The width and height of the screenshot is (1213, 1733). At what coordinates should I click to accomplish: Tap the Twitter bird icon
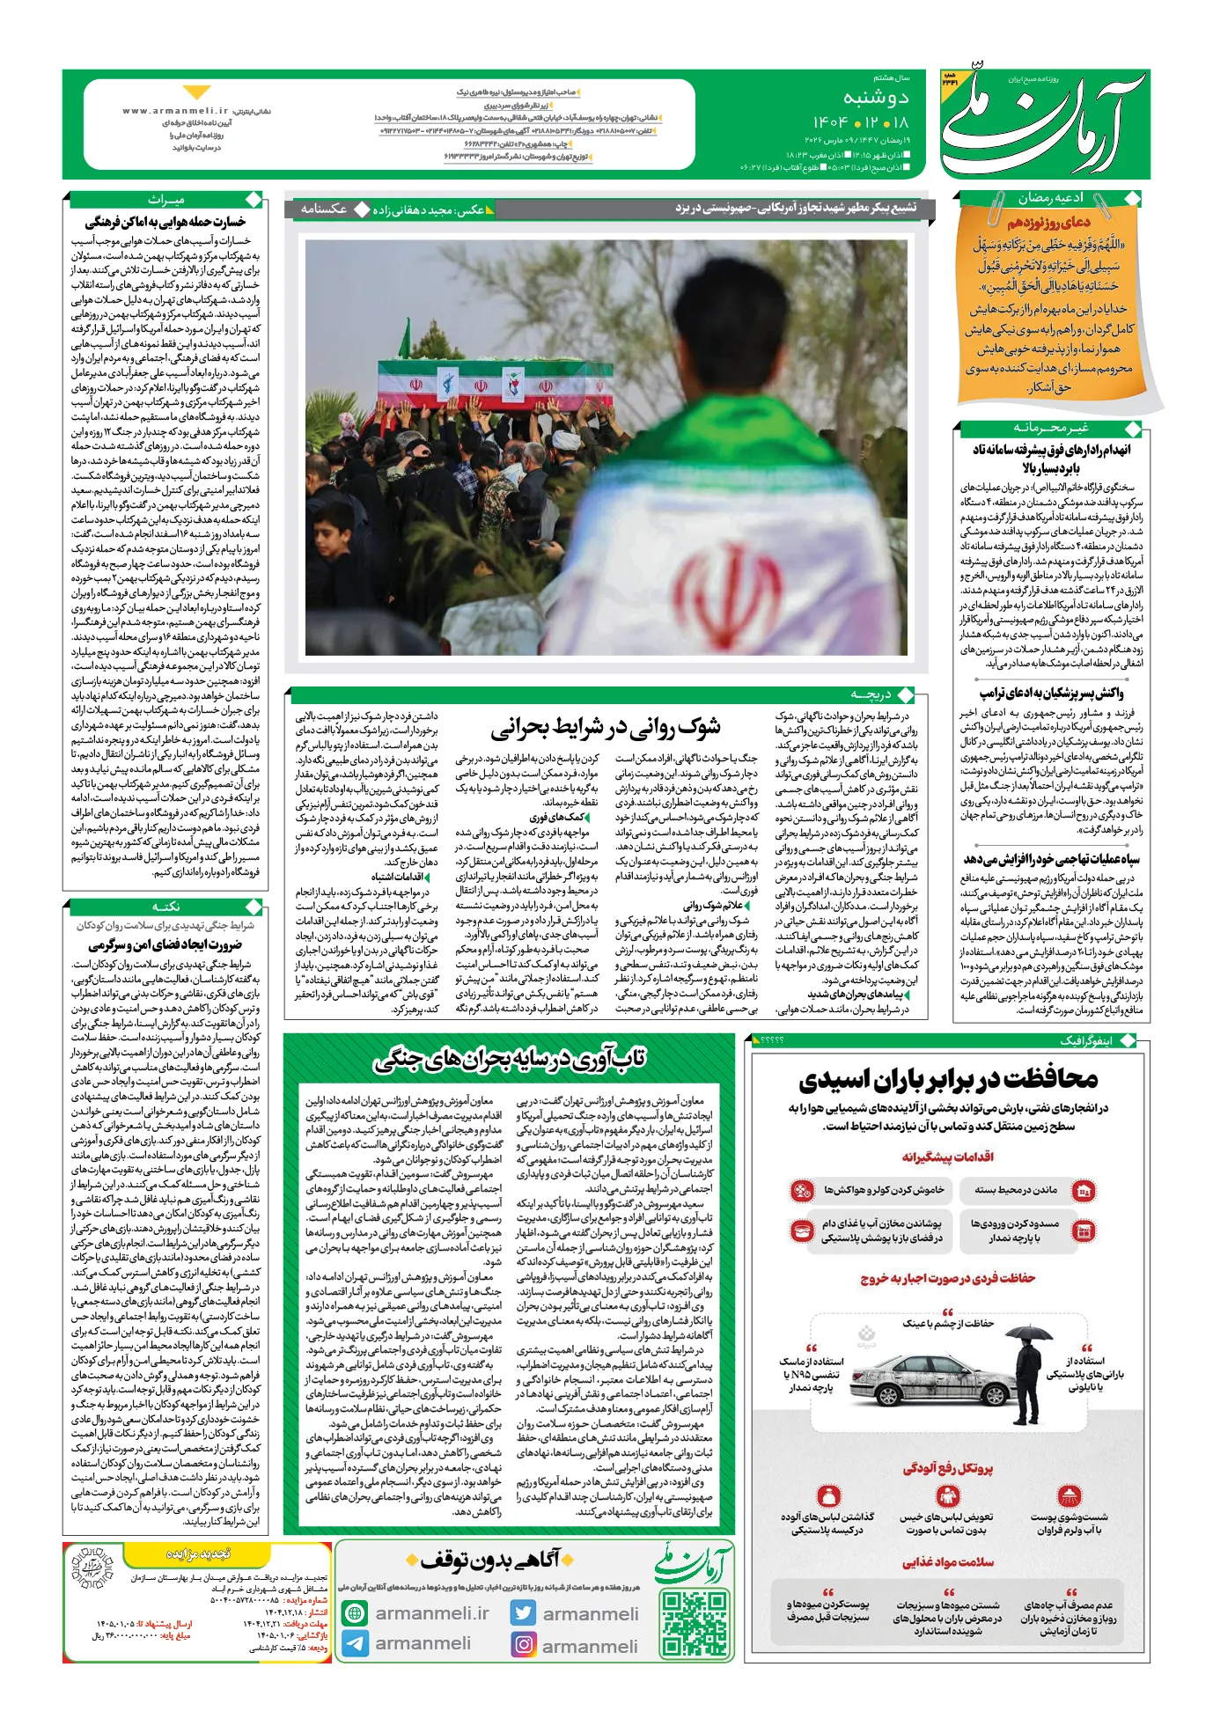(x=524, y=1612)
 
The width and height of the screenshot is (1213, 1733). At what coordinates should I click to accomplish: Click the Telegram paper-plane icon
(x=355, y=1643)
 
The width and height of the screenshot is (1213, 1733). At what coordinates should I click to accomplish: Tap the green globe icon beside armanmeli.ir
(x=355, y=1612)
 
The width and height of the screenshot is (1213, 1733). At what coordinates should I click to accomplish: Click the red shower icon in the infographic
(x=1068, y=1495)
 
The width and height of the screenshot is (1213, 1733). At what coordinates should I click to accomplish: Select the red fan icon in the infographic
(x=801, y=1191)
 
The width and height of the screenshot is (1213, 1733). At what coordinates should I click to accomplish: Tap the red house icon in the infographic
(x=1084, y=1191)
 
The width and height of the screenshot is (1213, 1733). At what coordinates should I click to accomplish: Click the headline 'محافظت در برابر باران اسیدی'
(x=947, y=1079)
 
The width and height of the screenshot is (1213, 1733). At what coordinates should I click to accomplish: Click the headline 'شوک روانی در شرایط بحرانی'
(x=606, y=727)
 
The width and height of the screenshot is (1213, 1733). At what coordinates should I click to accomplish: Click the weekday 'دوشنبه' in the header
(x=875, y=97)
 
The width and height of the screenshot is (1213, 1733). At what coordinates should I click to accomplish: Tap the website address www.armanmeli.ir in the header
(x=176, y=111)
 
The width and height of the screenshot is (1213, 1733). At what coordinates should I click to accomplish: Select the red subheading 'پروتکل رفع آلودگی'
(x=947, y=1468)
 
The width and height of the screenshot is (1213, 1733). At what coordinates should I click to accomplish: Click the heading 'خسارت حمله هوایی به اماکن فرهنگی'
(x=165, y=221)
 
